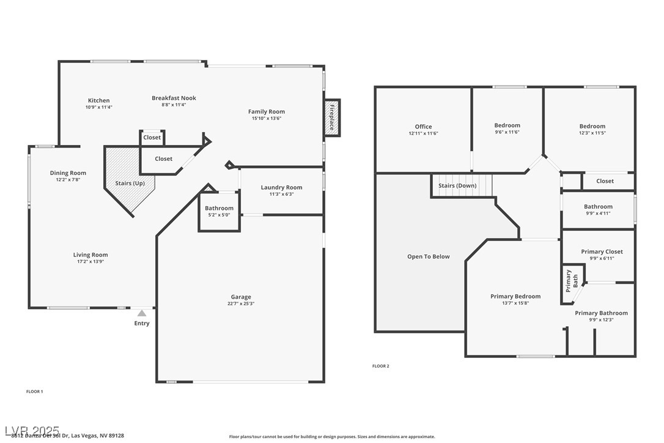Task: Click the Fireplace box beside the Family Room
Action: (332, 117)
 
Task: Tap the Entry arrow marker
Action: (142, 313)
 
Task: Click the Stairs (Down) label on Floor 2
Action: (457, 185)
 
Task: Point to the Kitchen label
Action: (99, 100)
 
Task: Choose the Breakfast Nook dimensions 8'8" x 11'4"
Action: (174, 105)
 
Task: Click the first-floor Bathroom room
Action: (219, 212)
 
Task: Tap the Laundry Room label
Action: (281, 187)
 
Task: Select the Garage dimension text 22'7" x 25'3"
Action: (241, 303)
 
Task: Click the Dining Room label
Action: (68, 173)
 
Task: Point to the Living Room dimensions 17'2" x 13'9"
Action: (90, 261)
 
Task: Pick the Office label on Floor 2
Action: (423, 127)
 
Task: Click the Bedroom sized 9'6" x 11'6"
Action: (507, 128)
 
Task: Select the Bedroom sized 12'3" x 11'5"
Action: (592, 129)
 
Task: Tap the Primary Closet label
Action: (602, 251)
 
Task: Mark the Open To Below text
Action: (428, 256)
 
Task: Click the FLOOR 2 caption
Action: (380, 366)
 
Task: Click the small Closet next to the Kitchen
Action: (152, 138)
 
